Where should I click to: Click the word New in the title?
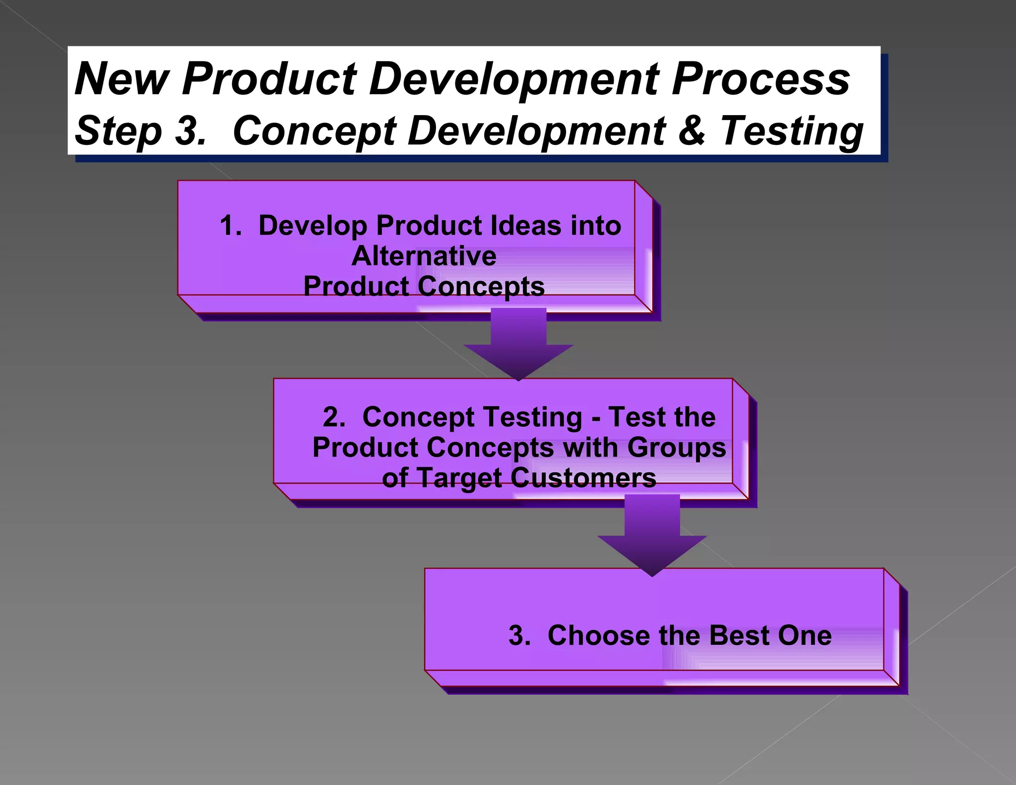pyautogui.click(x=122, y=79)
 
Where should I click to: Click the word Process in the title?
pyautogui.click(x=761, y=79)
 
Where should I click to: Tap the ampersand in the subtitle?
pyautogui.click(x=692, y=131)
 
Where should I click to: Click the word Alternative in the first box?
pyautogui.click(x=424, y=256)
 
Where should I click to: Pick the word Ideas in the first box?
pyautogui.click(x=525, y=226)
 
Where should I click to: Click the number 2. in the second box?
pyautogui.click(x=334, y=417)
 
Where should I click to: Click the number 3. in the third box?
pyautogui.click(x=519, y=636)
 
